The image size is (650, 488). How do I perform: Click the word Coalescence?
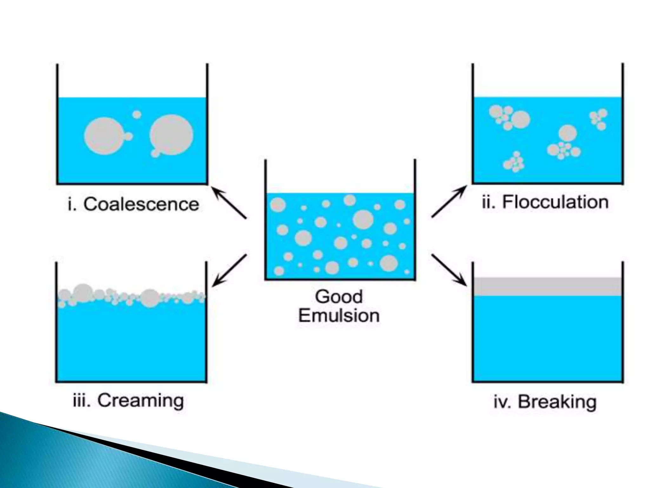[141, 204]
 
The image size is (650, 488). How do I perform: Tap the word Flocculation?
[555, 202]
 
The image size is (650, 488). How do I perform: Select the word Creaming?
[140, 400]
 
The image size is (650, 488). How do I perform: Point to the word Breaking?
[557, 402]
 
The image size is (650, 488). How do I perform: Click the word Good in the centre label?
[339, 297]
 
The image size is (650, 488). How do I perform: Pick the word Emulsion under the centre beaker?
[339, 315]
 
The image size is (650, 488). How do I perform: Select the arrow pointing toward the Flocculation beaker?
[449, 202]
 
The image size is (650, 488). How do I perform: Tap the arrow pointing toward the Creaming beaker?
[229, 270]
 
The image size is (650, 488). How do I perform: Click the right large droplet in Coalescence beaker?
[171, 135]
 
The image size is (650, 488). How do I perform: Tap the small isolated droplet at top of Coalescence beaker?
[137, 114]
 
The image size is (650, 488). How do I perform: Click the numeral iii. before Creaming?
[82, 401]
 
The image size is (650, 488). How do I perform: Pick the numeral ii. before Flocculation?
[488, 202]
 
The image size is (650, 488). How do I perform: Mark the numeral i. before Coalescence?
[72, 204]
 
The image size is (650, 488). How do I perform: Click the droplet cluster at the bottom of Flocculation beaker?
[514, 162]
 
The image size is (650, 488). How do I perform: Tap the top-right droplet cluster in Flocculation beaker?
[598, 119]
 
